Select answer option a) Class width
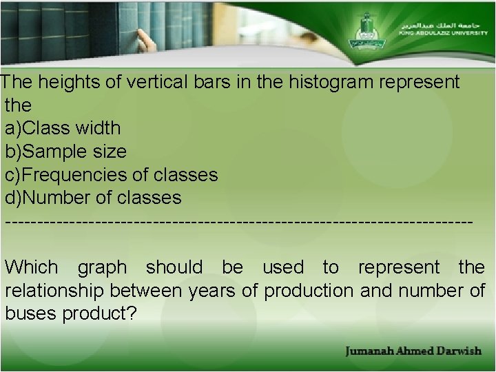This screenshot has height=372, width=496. coord(63,128)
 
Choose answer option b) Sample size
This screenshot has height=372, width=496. coord(65,152)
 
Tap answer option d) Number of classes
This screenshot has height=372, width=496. coord(93,198)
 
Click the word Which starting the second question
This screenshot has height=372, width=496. coord(32,267)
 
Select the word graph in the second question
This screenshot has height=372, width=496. coord(103,267)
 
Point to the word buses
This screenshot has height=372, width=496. coord(31,314)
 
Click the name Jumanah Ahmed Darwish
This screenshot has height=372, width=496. coord(413,351)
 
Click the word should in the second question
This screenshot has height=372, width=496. coord(174,267)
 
